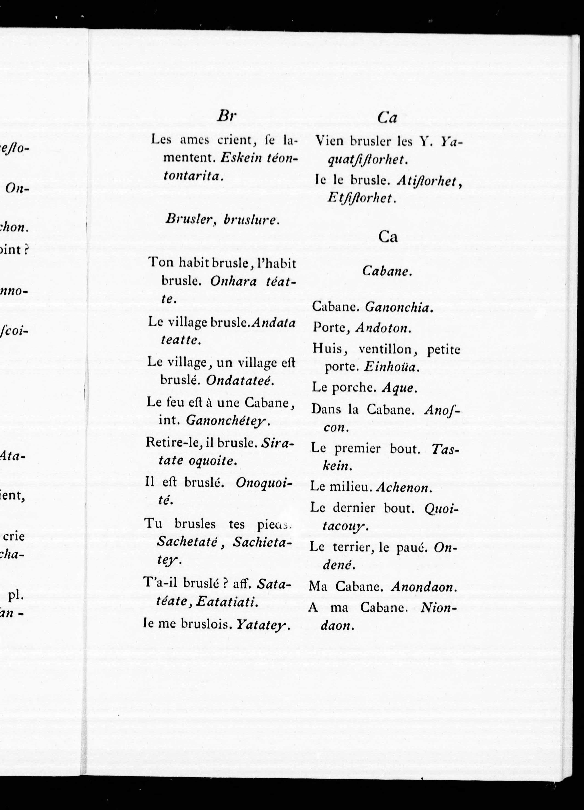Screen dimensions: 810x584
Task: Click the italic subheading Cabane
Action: click(x=387, y=271)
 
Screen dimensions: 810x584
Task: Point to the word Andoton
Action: click(x=383, y=328)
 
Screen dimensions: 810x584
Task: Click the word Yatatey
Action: click(x=263, y=624)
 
